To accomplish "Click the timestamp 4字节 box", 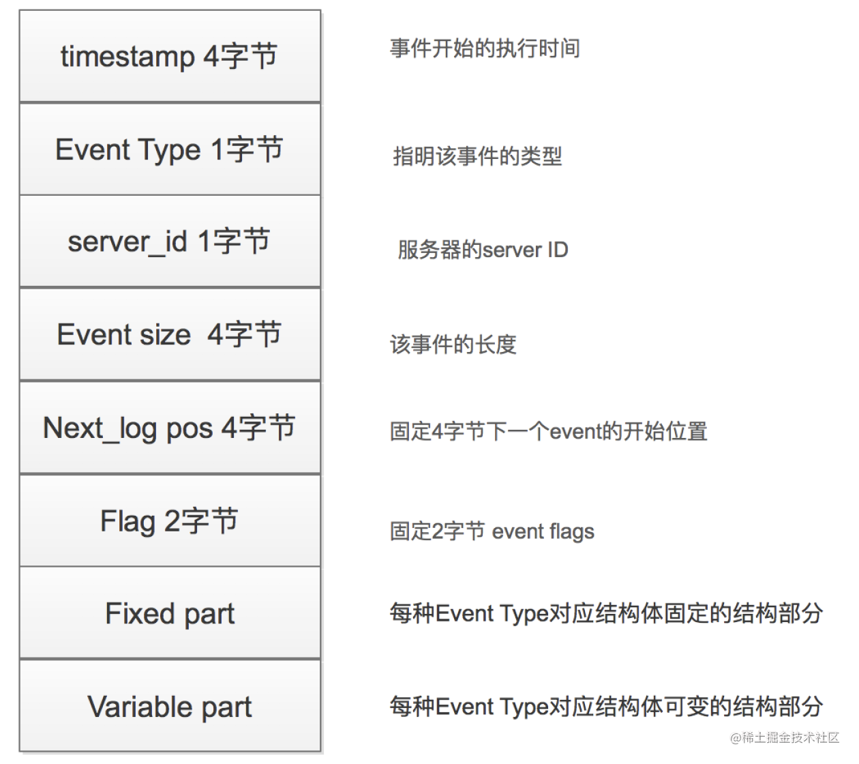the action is [x=170, y=56].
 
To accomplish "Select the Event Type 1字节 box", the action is [x=170, y=149].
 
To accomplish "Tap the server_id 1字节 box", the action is [x=170, y=241].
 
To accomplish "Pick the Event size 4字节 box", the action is [x=170, y=334].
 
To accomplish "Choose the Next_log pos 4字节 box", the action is [x=170, y=427].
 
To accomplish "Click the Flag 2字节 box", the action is [x=170, y=520].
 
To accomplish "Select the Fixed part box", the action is [x=170, y=613].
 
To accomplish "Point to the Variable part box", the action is [x=170, y=706].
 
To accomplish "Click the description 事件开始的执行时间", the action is [x=485, y=48].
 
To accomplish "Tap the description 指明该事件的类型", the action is [x=477, y=156].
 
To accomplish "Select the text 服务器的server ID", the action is [x=483, y=250].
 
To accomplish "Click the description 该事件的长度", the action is [x=453, y=344].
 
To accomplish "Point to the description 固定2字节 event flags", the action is [x=492, y=531].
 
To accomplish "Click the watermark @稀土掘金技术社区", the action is [x=785, y=737].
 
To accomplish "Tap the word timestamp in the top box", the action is [x=127, y=57].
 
